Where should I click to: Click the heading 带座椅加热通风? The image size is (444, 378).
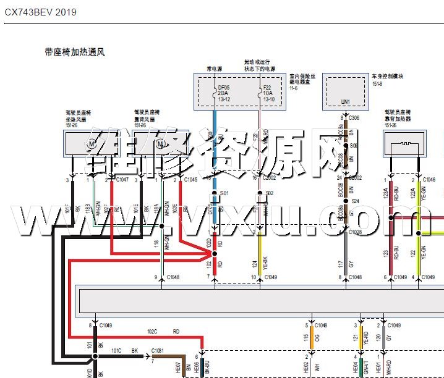(74, 52)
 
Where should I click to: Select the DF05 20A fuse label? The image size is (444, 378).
(224, 93)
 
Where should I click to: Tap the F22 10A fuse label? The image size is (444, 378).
(267, 93)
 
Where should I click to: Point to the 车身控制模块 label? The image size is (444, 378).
(388, 77)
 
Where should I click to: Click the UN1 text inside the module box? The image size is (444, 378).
(346, 102)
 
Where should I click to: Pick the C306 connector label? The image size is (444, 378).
(354, 117)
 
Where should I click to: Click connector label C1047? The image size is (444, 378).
(121, 180)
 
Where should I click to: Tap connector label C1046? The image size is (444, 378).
(429, 180)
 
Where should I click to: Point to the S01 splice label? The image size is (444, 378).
(225, 193)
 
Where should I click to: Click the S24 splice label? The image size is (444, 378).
(356, 201)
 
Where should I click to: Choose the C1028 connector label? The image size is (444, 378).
(355, 233)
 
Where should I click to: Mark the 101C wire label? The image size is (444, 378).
(116, 351)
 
